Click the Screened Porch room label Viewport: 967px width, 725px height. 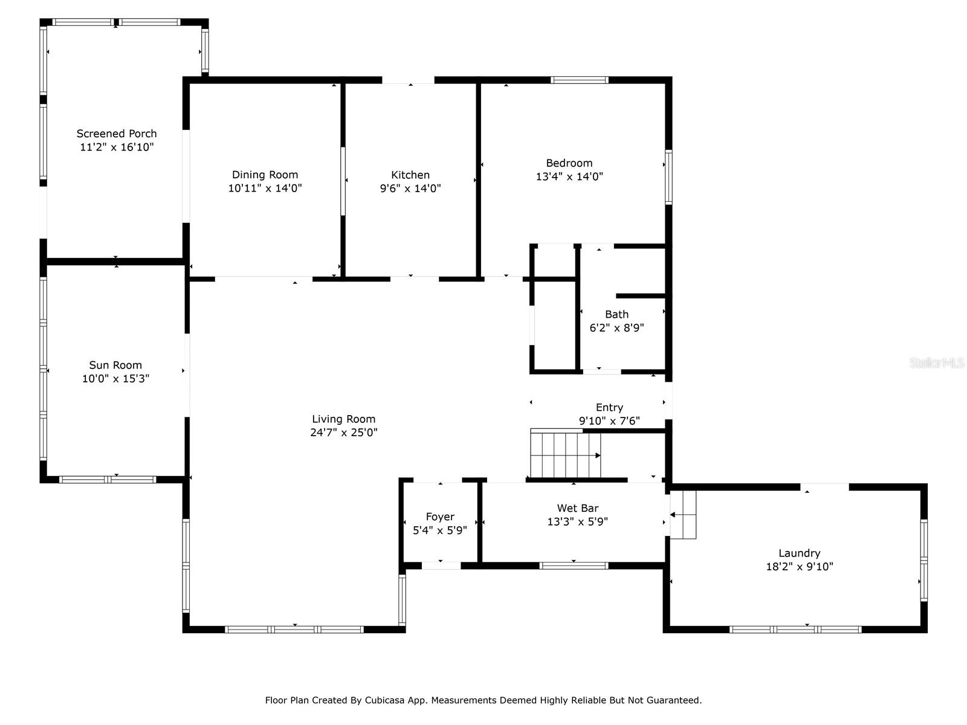tap(117, 134)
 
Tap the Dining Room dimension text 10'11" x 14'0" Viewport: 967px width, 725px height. tap(265, 188)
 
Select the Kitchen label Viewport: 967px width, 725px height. tap(410, 175)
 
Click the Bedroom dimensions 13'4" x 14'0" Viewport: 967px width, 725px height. tap(569, 177)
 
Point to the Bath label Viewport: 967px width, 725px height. tap(616, 314)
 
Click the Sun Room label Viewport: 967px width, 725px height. tap(115, 365)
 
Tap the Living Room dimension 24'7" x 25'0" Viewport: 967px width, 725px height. tap(344, 433)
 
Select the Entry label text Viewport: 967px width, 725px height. tap(609, 407)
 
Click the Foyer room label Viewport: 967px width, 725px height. tap(440, 517)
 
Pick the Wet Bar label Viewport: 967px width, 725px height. tap(578, 508)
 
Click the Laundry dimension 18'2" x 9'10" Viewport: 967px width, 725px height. tap(799, 567)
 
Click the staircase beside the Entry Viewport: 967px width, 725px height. tap(565, 454)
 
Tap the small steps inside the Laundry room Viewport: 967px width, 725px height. tap(684, 515)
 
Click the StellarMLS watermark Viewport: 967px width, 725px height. tap(937, 363)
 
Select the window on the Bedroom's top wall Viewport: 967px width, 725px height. tap(579, 80)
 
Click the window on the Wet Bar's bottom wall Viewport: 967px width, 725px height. tap(574, 565)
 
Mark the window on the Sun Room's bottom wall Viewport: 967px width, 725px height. tap(108, 480)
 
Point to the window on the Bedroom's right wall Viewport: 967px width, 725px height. tap(668, 177)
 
